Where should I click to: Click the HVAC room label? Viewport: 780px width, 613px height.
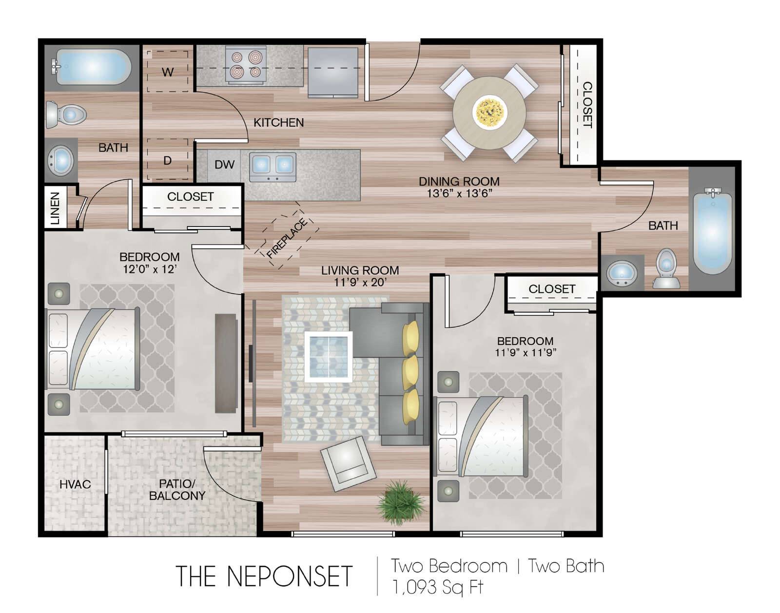[x=75, y=484]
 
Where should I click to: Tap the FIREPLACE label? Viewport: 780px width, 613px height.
[x=287, y=238]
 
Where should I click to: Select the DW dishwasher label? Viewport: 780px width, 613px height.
[x=224, y=165]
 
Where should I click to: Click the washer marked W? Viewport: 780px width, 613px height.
[x=167, y=71]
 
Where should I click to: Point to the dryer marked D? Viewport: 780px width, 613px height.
[x=167, y=159]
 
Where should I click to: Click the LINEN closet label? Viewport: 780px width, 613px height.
[x=55, y=208]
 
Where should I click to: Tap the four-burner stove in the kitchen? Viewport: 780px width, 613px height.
[x=246, y=64]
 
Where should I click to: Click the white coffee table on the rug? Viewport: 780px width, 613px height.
[x=329, y=357]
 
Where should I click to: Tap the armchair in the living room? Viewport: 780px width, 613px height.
[x=348, y=464]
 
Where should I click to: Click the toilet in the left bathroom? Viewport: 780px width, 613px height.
[x=66, y=115]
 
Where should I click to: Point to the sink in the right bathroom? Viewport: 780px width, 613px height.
[x=622, y=272]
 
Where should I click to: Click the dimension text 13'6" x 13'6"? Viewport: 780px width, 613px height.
[x=459, y=193]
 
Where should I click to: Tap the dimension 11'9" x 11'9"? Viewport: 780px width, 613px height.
[x=526, y=352]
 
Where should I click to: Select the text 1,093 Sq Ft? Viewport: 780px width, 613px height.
[x=438, y=587]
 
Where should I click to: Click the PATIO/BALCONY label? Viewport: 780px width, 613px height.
[x=177, y=490]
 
